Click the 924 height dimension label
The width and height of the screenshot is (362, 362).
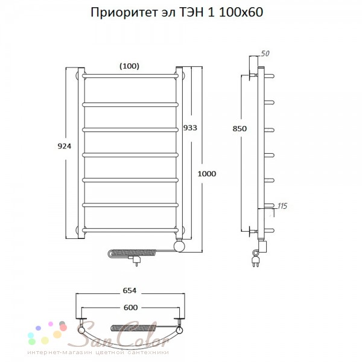click(65, 146)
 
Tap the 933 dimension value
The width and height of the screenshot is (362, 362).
click(190, 128)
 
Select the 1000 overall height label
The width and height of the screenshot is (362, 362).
click(207, 174)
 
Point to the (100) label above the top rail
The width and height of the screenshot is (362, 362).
click(129, 66)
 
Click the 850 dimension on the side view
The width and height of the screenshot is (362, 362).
click(240, 129)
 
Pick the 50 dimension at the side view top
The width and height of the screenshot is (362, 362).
click(265, 54)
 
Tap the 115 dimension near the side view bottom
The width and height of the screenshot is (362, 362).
click(282, 206)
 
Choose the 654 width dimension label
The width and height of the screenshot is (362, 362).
click(130, 290)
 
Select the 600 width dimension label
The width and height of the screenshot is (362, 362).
click(131, 308)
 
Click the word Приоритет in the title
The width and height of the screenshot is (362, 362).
click(124, 13)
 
